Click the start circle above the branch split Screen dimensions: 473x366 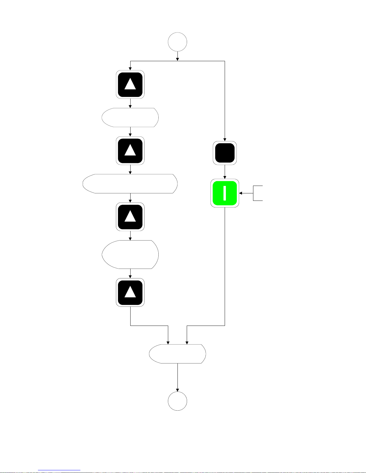click(x=177, y=42)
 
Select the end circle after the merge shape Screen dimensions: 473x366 click(x=177, y=401)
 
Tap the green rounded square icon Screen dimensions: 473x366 click(x=225, y=193)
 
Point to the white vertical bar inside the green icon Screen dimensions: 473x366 click(x=225, y=193)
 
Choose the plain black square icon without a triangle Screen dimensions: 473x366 click(x=225, y=153)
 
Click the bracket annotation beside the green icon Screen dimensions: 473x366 click(x=258, y=193)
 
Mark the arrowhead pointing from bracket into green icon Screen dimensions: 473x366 click(x=241, y=193)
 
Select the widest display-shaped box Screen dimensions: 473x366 click(x=130, y=184)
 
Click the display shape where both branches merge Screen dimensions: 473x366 click(x=177, y=354)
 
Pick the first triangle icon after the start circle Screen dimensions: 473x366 click(x=130, y=84)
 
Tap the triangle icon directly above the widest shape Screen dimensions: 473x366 click(x=130, y=151)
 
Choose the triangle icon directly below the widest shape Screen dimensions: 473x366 click(x=130, y=217)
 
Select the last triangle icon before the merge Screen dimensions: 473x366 click(x=130, y=292)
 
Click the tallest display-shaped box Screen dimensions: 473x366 click(x=130, y=255)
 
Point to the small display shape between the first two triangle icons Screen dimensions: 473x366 click(x=130, y=118)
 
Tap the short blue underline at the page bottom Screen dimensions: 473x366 click(x=59, y=470)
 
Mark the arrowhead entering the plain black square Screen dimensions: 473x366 click(x=225, y=139)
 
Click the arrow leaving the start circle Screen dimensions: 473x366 click(x=177, y=56)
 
